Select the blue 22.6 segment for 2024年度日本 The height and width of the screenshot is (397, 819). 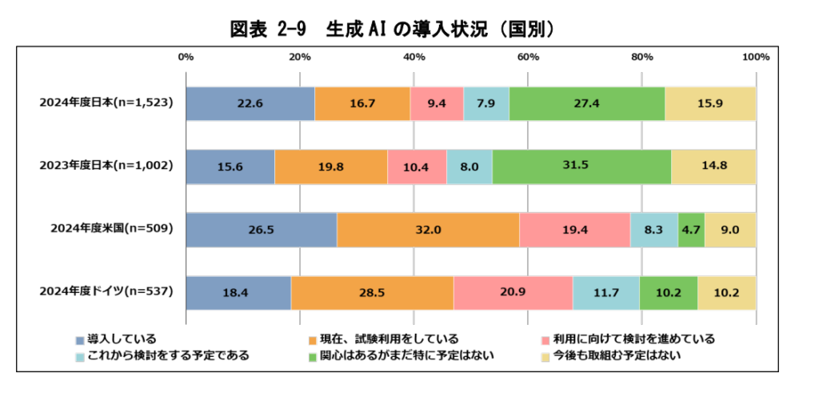[250, 103]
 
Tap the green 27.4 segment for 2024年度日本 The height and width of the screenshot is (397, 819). [586, 103]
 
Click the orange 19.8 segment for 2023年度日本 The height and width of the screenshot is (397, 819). [330, 166]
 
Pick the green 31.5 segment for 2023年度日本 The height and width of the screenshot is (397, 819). [581, 166]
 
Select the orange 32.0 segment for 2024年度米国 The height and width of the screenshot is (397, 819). [428, 230]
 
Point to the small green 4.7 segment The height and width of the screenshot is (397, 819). [691, 230]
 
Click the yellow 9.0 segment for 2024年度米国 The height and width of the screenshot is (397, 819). [730, 230]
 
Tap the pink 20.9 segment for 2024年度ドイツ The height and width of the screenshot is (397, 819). [513, 293]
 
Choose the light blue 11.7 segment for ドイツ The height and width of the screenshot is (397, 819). [605, 293]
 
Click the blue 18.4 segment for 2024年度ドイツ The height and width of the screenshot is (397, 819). [238, 293]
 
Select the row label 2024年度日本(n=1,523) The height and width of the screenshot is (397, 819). [107, 103]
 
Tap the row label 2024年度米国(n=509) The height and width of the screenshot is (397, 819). [113, 230]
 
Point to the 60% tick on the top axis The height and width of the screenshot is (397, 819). [528, 57]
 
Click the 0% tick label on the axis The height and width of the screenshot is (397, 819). [186, 57]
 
